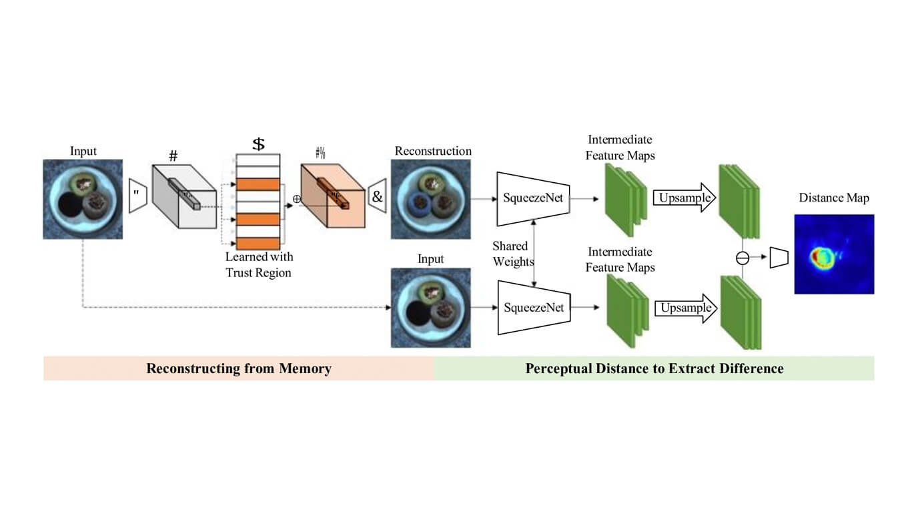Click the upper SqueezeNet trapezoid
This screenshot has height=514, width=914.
point(533,198)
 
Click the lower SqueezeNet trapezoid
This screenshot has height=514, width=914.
point(533,308)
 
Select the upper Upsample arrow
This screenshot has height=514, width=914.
point(683,198)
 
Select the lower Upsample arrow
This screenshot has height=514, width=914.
point(683,308)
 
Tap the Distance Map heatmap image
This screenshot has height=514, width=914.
point(834,254)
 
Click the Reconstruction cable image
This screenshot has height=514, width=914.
point(430,199)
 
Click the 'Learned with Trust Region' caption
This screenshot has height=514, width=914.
point(259,264)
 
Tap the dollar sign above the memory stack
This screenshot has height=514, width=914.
point(258,144)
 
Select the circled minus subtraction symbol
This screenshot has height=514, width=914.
point(743,258)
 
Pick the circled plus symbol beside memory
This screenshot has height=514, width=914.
point(296,199)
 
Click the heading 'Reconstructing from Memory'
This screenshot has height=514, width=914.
point(239,368)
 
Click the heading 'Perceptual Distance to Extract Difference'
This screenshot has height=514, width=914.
point(654,368)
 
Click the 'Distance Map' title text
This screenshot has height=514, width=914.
point(834,198)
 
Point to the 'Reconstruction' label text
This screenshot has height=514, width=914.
point(433,151)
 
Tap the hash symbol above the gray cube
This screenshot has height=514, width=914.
point(173,156)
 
